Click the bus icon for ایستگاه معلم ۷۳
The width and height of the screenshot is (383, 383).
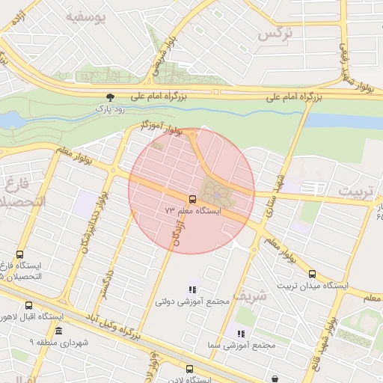tap(192, 199)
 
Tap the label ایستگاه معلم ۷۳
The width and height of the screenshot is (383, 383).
tap(193, 212)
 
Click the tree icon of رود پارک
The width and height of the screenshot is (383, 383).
tap(111, 96)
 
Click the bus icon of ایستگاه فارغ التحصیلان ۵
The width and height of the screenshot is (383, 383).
tap(19, 254)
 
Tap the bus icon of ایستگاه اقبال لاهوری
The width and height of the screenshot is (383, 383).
tap(29, 305)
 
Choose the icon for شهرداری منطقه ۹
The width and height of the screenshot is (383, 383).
tap(58, 330)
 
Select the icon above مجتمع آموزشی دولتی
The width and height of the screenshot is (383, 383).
tap(192, 289)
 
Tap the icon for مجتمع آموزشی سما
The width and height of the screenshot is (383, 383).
tap(241, 334)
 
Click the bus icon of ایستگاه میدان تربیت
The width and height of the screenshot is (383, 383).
tap(312, 274)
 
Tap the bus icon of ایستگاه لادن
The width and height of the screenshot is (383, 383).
tap(189, 369)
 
